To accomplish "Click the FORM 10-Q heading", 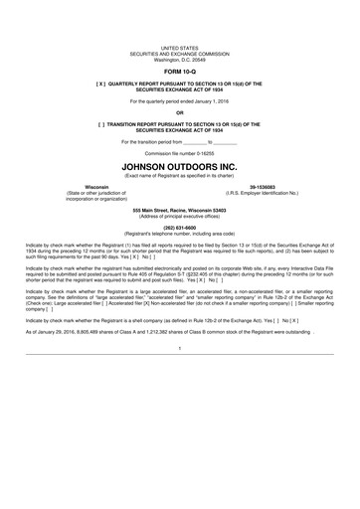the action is point(180,73).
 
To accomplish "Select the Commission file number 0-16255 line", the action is point(180,152).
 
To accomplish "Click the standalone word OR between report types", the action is point(180,113).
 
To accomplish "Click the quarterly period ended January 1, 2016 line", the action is point(180,101).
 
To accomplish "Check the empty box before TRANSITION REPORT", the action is point(99,125).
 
